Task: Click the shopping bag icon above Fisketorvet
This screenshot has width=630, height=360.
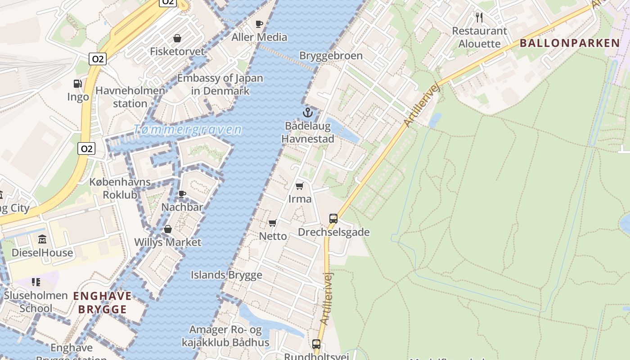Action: [177, 38]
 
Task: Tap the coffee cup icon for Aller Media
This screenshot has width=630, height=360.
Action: [259, 24]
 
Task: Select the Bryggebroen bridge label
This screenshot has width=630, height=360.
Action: [331, 56]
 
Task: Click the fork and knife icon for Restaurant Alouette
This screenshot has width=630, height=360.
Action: [479, 18]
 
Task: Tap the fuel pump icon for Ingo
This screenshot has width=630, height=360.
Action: [78, 84]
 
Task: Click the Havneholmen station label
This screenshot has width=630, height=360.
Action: [130, 97]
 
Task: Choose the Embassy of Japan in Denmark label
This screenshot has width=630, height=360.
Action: [220, 84]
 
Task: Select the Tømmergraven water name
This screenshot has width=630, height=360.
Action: [187, 130]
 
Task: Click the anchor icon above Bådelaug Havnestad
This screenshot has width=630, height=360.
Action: [308, 112]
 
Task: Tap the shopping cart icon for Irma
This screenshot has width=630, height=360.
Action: [300, 186]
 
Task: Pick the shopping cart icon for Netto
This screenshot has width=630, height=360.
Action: [273, 223]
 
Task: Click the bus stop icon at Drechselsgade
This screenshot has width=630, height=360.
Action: [333, 219]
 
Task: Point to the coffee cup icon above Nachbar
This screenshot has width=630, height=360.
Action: [182, 194]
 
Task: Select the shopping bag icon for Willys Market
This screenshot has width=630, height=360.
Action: [168, 229]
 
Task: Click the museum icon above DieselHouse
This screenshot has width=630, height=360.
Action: [42, 239]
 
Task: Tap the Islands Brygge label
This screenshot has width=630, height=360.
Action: [226, 275]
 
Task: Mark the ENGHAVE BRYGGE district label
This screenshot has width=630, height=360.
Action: [102, 302]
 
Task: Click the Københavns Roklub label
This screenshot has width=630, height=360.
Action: [120, 189]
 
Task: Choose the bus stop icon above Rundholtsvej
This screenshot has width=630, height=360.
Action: [316, 344]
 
